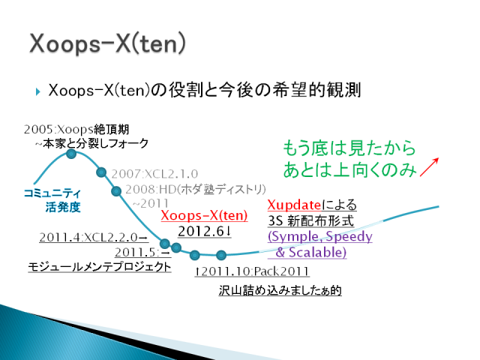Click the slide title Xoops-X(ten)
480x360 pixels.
point(107,43)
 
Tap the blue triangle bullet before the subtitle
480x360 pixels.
point(38,91)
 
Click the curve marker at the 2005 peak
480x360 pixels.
point(71,154)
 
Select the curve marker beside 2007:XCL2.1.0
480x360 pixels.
point(101,172)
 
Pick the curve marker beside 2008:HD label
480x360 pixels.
point(116,191)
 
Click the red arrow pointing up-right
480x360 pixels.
point(429,167)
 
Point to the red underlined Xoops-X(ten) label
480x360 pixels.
point(204,215)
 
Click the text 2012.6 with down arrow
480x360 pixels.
point(205,231)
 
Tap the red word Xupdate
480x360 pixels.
point(294,205)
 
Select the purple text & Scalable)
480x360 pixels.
point(311,252)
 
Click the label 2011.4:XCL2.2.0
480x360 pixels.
point(93,237)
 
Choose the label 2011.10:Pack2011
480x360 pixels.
point(252,271)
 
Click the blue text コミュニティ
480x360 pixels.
point(52,193)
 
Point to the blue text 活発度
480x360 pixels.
point(63,207)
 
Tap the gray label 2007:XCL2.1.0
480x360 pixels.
point(154,174)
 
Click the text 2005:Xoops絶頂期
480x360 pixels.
point(76,129)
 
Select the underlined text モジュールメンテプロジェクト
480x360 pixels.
point(100,267)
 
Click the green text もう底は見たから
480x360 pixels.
point(349,148)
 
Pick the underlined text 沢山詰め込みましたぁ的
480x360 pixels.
point(280,290)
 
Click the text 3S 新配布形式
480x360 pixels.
point(311,220)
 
